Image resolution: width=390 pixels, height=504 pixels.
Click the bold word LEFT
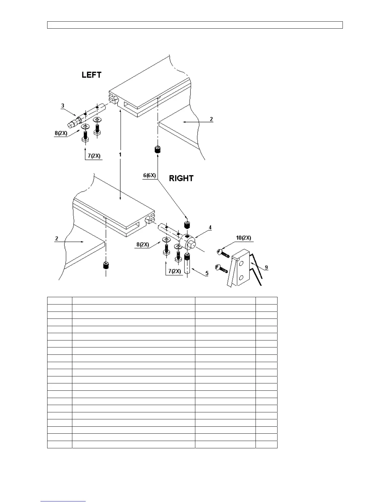(91, 75)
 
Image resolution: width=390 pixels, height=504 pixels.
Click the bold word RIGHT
(181, 178)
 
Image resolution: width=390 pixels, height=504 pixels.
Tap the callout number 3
(63, 105)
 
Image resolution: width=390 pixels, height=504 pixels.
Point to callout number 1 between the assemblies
(120, 154)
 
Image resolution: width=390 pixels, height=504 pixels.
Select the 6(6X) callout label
(149, 175)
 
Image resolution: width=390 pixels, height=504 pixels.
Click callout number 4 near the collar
(210, 227)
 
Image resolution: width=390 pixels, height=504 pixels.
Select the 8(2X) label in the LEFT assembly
(61, 133)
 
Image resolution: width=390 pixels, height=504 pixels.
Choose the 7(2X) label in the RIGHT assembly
(174, 271)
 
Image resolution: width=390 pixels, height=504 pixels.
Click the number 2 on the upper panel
(211, 119)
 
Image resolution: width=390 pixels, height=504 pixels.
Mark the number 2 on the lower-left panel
(57, 238)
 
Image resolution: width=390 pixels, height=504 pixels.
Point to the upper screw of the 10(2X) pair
(223, 253)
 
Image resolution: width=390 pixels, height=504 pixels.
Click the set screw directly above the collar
(187, 224)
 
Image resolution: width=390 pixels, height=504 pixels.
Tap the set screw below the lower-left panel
(105, 265)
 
